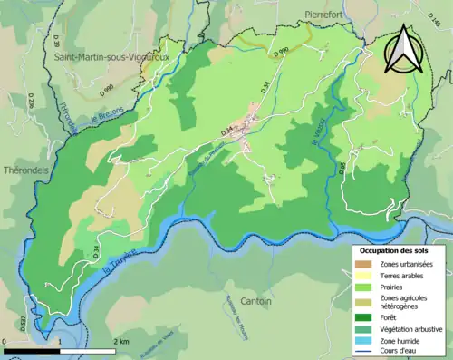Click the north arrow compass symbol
403,50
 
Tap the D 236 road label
30,105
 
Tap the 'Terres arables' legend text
400,277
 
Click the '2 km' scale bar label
121,341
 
